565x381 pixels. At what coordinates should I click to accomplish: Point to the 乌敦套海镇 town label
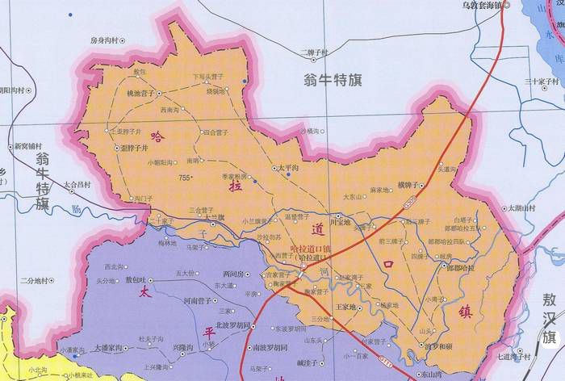click(481, 5)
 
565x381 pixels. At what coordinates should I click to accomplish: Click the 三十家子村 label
click(542, 81)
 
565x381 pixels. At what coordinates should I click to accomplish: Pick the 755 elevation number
click(186, 177)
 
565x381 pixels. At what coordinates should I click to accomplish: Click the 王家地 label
click(345, 307)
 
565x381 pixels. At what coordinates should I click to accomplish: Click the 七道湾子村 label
click(514, 355)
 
